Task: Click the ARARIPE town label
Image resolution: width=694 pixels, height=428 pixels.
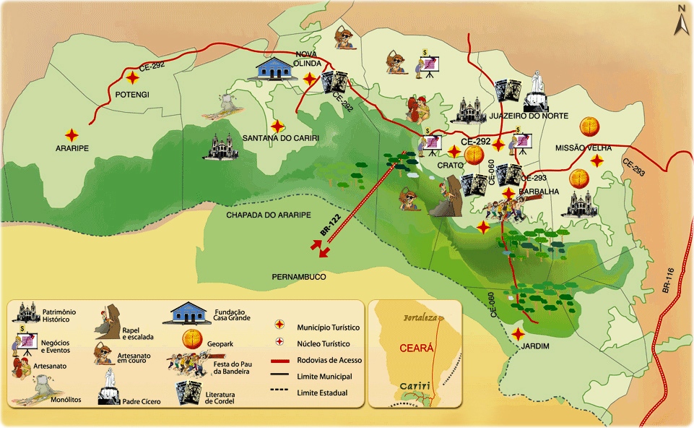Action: click(x=71, y=153)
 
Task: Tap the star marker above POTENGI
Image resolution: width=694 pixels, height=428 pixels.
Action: click(x=132, y=78)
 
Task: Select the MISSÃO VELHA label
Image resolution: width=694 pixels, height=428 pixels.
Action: click(x=583, y=147)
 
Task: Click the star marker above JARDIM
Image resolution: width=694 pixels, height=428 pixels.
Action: click(x=519, y=334)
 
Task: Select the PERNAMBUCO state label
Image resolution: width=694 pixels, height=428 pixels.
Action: click(x=299, y=277)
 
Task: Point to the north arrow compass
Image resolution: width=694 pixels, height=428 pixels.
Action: click(x=680, y=20)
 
